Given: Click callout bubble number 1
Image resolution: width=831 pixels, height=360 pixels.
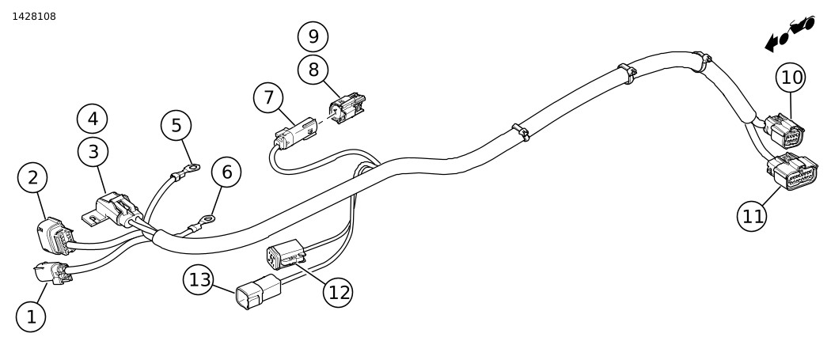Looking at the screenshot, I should click(31, 317).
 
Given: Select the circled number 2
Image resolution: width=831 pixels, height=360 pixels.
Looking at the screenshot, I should click(32, 178).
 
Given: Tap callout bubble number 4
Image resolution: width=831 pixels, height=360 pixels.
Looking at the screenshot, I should click(93, 119).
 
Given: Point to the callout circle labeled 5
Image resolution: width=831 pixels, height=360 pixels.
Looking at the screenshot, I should click(176, 125).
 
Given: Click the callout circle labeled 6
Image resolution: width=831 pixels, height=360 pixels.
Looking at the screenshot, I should click(226, 172).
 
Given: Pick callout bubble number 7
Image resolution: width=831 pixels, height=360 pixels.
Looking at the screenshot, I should click(268, 98).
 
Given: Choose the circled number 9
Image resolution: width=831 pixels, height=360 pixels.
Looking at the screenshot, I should click(313, 36).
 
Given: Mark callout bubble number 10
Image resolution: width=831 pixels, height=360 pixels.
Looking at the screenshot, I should click(791, 78).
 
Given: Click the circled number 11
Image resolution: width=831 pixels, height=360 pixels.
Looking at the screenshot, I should click(752, 216).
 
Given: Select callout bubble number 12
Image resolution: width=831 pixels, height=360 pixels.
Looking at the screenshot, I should click(338, 293).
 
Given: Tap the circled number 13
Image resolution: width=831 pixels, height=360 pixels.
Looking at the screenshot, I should click(199, 279).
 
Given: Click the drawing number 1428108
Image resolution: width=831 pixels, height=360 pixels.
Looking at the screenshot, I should click(34, 16).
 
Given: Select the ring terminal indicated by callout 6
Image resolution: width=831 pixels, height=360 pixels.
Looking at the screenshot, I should click(208, 218).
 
